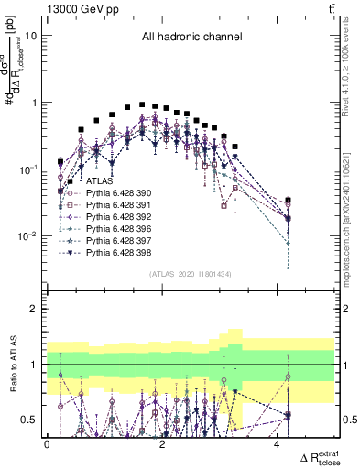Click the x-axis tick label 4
click(277, 444)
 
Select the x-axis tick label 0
click(47, 444)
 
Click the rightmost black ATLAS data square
click(289, 201)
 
